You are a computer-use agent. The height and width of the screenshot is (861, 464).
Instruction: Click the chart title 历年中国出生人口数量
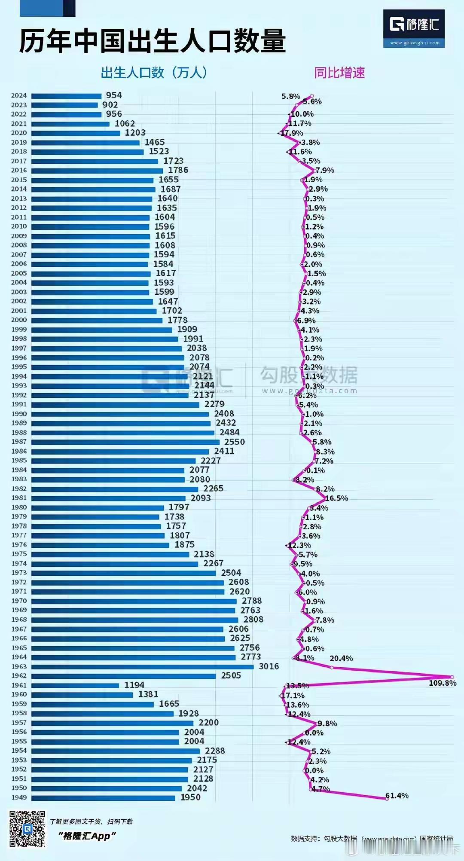click(153, 42)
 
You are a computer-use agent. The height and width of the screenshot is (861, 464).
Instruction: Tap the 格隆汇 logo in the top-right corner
click(414, 28)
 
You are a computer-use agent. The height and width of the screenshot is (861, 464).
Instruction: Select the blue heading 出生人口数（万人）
click(154, 73)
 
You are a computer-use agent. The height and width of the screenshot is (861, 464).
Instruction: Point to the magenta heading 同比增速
click(339, 73)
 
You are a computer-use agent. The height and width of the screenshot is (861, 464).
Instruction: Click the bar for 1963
click(142, 667)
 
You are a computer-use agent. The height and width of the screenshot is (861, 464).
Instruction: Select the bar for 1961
click(75, 685)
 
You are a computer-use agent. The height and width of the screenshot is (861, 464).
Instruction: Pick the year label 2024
click(19, 95)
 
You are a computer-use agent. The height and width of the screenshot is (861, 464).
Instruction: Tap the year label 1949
click(19, 797)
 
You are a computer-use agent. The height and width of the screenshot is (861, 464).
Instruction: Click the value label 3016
click(269, 666)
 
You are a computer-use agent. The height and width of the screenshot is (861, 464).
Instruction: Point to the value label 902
click(110, 105)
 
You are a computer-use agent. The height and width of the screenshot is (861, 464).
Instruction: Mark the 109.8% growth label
click(442, 683)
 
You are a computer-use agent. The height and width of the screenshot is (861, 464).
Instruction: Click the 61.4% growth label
click(397, 796)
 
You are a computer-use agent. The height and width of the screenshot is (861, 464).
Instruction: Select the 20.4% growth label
click(341, 658)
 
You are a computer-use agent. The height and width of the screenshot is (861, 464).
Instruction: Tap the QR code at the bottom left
click(27, 829)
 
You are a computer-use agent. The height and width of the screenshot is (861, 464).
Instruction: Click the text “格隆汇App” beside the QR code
click(88, 836)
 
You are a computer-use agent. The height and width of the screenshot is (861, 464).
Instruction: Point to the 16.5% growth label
click(336, 498)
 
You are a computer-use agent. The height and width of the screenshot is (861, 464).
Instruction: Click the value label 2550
click(235, 442)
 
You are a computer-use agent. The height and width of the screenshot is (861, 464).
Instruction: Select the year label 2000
click(19, 320)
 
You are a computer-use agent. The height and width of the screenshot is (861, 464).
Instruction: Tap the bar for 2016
click(97, 170)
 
